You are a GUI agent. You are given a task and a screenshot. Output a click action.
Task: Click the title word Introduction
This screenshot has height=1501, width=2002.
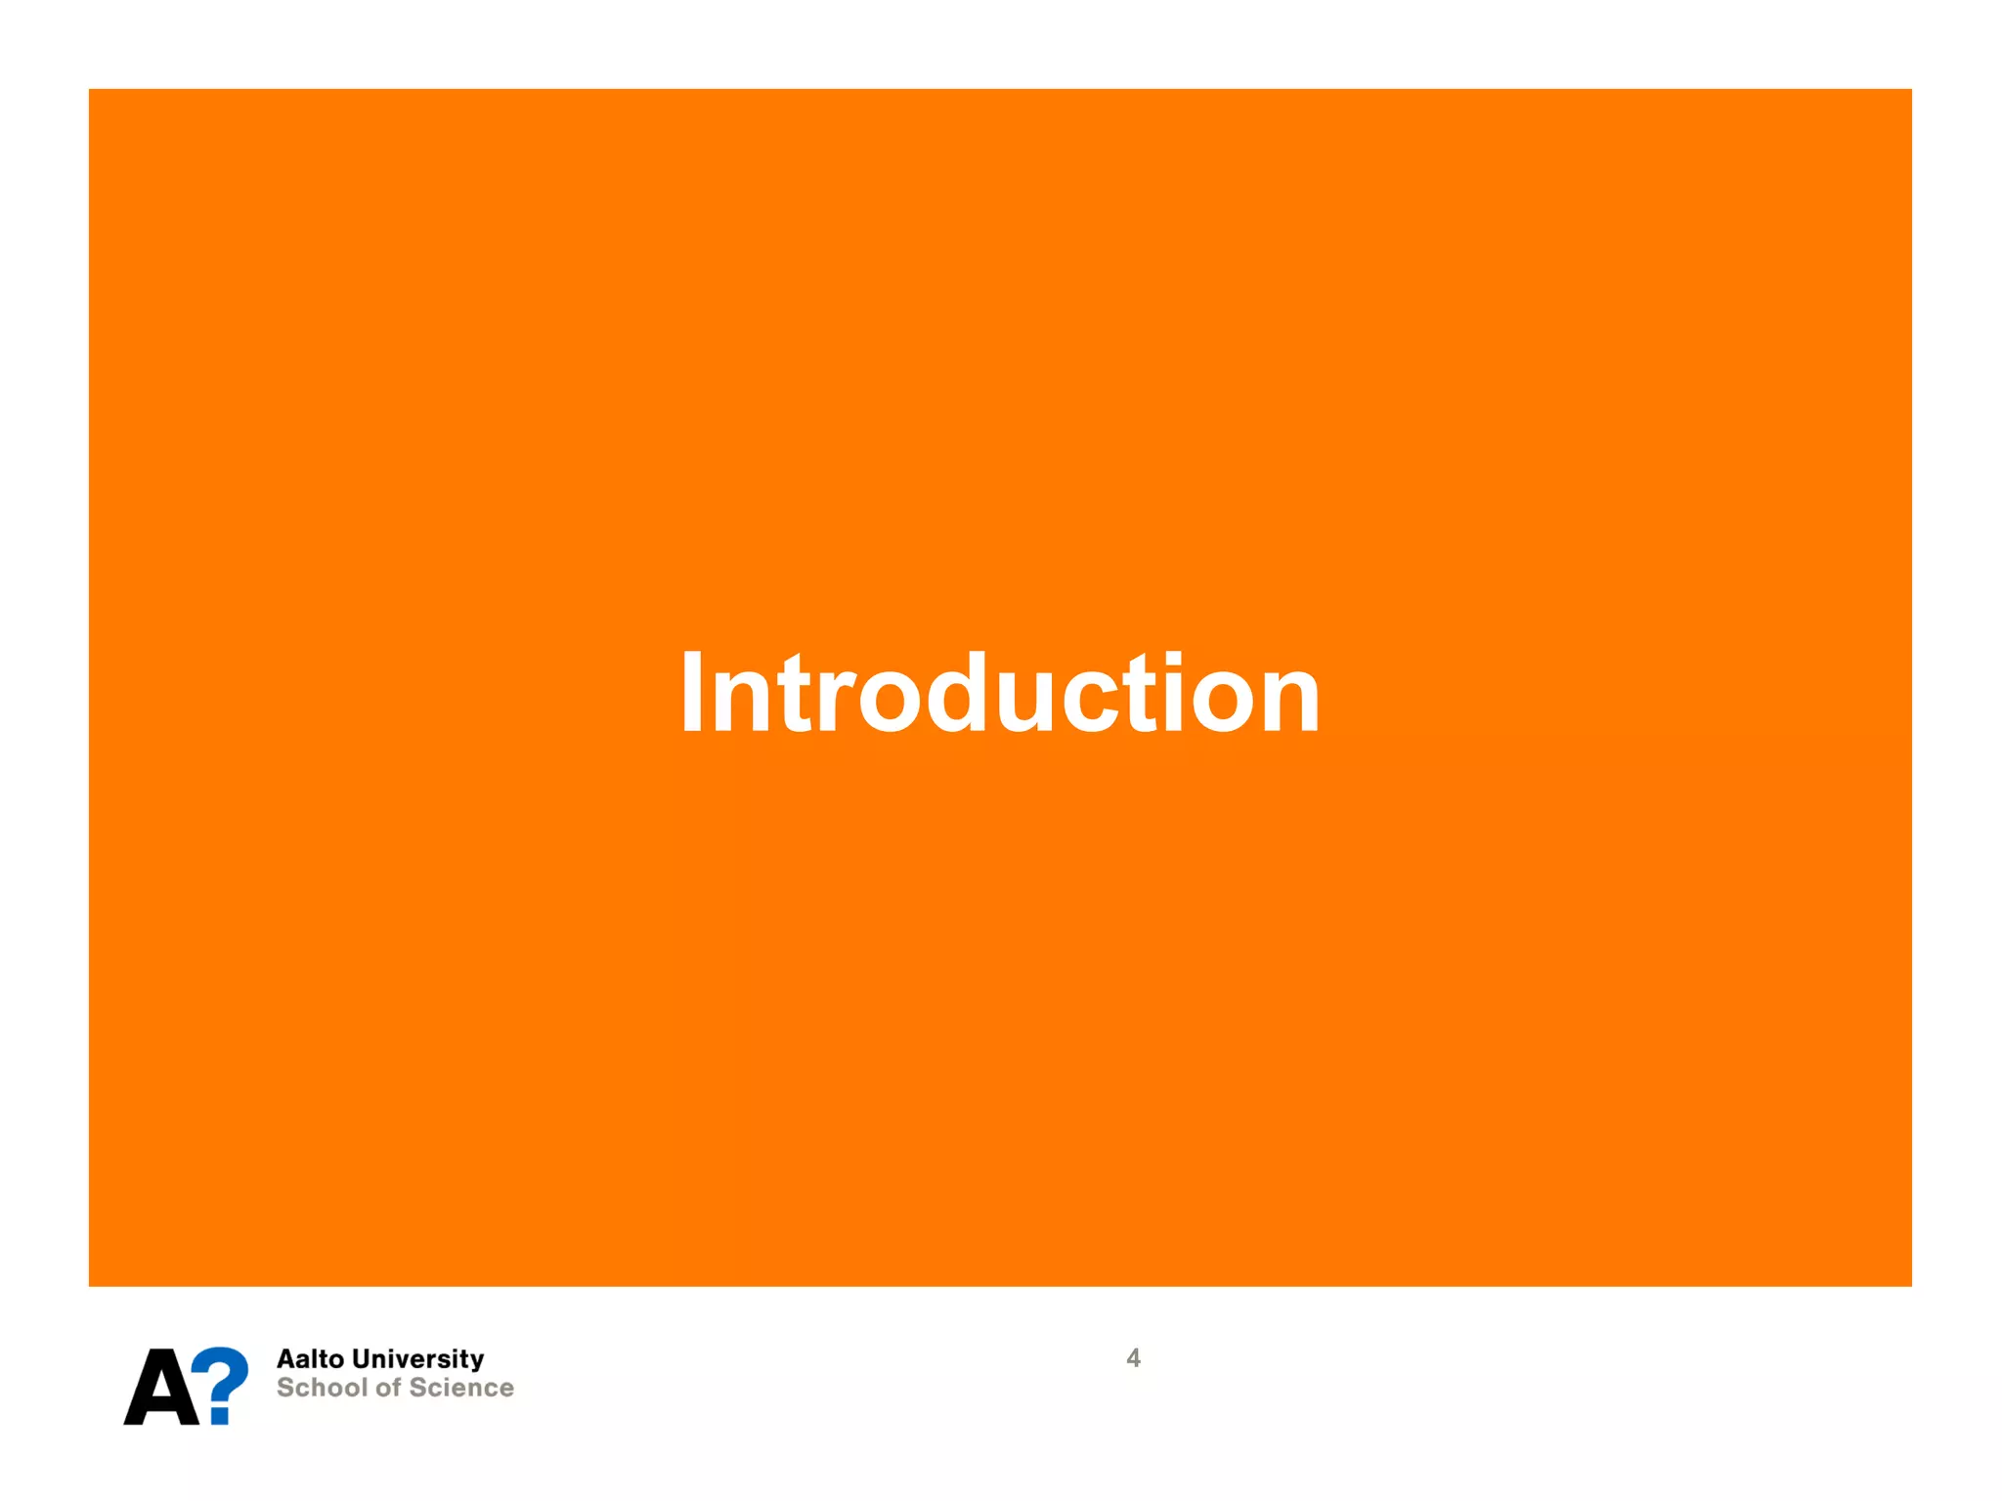[1000, 693]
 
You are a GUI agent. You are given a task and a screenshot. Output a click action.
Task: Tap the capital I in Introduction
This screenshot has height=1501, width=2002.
[692, 693]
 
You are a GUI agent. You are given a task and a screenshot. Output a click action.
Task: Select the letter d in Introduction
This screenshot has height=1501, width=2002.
[955, 693]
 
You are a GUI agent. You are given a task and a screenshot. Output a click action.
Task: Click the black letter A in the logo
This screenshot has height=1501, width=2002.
[160, 1388]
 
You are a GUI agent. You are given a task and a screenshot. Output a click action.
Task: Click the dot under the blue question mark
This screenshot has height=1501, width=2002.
[221, 1414]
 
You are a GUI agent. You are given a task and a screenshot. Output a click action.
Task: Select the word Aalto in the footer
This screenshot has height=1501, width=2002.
[310, 1359]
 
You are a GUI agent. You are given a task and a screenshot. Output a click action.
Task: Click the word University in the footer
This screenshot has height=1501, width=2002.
[418, 1359]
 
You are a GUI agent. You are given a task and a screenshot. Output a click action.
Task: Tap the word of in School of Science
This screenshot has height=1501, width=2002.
[388, 1388]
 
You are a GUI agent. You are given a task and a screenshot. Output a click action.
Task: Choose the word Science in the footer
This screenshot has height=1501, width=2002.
[461, 1388]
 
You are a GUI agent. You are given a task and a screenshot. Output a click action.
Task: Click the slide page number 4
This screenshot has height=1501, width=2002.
[1133, 1358]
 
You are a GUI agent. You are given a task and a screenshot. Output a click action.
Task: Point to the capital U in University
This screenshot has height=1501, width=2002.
[363, 1359]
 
